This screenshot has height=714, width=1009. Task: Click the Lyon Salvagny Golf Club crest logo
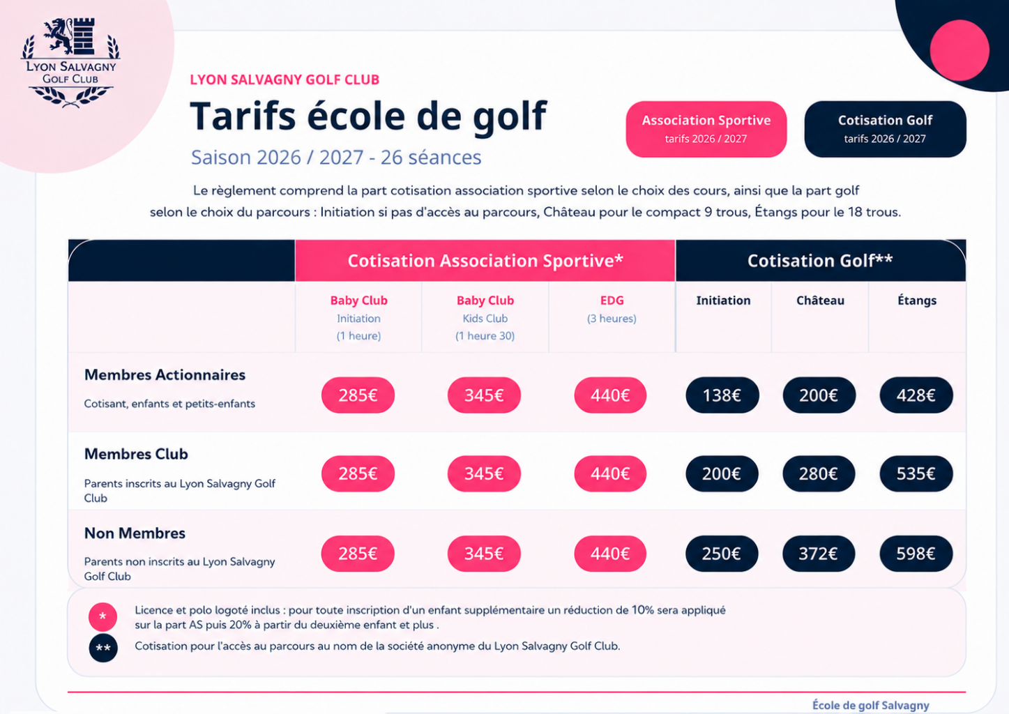(x=70, y=63)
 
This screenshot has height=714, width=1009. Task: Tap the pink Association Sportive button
(x=706, y=129)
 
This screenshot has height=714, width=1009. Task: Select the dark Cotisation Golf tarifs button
(x=885, y=129)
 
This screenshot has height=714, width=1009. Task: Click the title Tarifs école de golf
(x=368, y=116)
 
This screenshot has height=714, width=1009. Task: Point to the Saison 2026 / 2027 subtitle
(x=336, y=157)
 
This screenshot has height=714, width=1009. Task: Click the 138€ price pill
(x=722, y=395)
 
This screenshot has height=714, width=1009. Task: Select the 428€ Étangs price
(x=916, y=395)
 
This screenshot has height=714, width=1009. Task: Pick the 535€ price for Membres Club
(x=916, y=473)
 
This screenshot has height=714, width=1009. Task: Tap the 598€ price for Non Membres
(x=916, y=553)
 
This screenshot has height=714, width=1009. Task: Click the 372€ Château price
(x=819, y=553)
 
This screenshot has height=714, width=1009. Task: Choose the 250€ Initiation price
(x=722, y=553)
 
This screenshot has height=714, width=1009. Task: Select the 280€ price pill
(x=819, y=473)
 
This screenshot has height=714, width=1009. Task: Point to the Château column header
(x=820, y=301)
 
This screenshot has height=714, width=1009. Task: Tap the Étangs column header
(x=917, y=301)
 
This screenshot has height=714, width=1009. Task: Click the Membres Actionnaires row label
(x=165, y=375)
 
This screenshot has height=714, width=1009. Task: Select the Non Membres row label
(x=135, y=533)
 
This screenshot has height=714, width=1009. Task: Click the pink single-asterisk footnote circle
(x=103, y=616)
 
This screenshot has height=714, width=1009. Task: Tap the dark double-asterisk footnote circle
(x=103, y=648)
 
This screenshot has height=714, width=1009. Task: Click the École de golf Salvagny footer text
(x=870, y=705)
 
